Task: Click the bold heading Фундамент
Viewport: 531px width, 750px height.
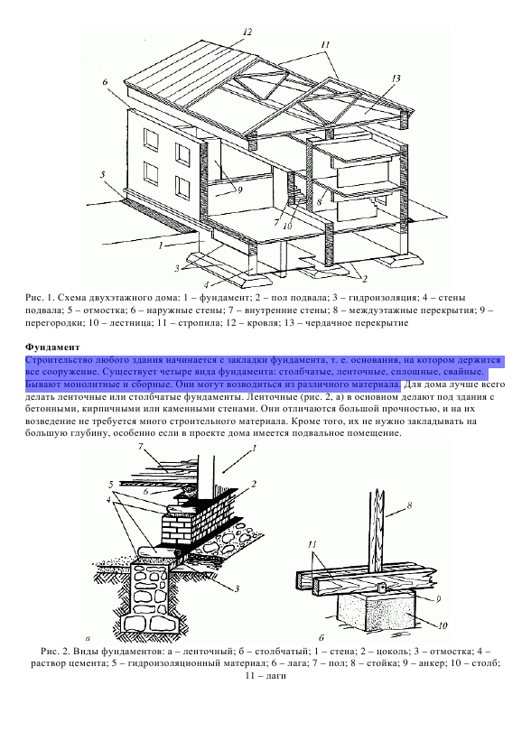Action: pos(52,347)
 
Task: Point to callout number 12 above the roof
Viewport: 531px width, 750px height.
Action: pos(247,32)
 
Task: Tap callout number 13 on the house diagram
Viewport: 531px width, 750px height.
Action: pos(396,78)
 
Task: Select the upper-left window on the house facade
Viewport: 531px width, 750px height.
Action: pos(153,139)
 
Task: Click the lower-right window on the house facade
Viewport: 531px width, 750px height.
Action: pos(182,187)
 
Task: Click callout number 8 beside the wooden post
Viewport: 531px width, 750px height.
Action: pos(409,505)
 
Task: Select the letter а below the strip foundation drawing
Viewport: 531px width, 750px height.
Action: pos(88,637)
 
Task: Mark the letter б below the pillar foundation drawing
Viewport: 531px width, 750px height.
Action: pos(321,637)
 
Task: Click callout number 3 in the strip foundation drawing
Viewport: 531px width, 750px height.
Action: pos(237,588)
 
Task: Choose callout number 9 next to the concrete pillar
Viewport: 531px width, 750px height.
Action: pos(438,599)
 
